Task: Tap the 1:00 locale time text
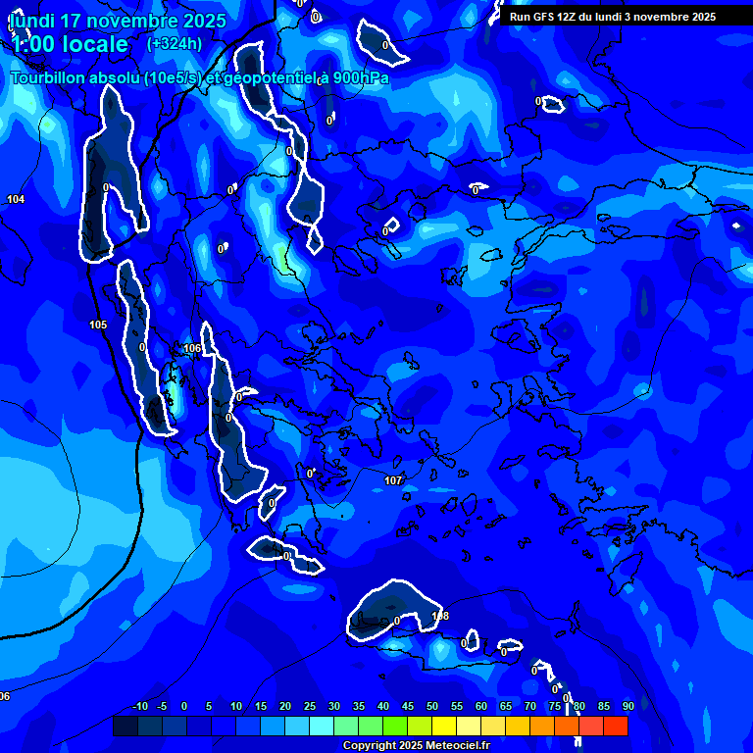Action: click(x=69, y=44)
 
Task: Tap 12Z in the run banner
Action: click(x=567, y=17)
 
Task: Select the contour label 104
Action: click(x=16, y=199)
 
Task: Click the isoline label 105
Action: click(x=98, y=325)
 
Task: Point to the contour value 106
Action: click(x=192, y=348)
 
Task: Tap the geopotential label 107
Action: click(x=393, y=480)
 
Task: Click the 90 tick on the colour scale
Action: click(x=627, y=706)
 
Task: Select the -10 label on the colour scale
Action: click(x=139, y=706)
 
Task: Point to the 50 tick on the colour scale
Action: click(x=431, y=706)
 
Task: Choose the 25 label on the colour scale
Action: click(x=309, y=706)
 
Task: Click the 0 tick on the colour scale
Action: click(x=184, y=706)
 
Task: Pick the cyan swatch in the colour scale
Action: click(x=322, y=726)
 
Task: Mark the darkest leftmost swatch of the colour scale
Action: click(x=125, y=726)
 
